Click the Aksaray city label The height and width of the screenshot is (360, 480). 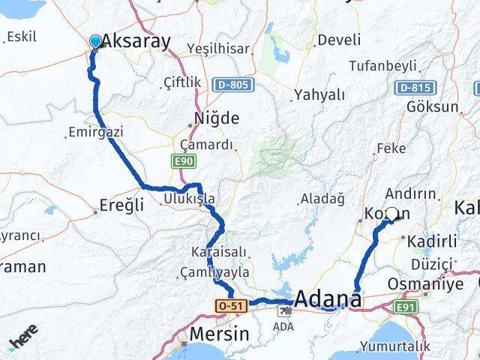tap(136, 41)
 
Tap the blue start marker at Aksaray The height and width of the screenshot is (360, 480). tap(96, 41)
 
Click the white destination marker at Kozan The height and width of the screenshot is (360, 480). tap(391, 214)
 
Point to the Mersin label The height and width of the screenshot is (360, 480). tap(220, 334)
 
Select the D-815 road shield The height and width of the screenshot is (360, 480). tap(415, 88)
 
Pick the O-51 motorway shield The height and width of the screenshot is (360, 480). tap(228, 306)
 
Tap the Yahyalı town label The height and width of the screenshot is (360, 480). tap(319, 94)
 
